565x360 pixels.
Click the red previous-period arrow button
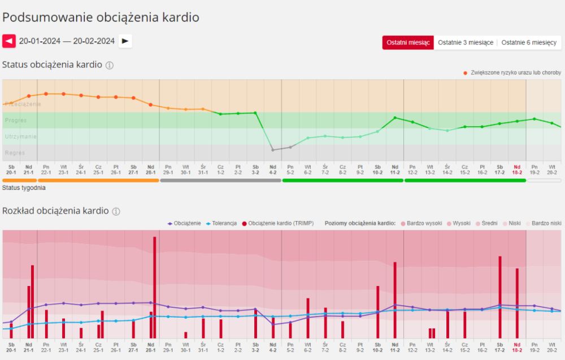[x=9, y=41]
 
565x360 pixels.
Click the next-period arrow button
[x=125, y=41]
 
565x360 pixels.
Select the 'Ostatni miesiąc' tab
[x=408, y=43]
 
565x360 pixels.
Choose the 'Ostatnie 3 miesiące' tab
[x=466, y=43]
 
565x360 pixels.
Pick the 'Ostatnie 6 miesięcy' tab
[x=529, y=43]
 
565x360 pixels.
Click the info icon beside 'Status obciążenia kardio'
[x=110, y=65]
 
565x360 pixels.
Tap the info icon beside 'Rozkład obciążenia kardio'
[x=116, y=211]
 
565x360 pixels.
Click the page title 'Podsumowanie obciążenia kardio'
[x=101, y=18]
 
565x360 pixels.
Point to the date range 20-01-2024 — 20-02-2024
[x=67, y=41]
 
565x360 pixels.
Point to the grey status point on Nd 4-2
[x=273, y=150]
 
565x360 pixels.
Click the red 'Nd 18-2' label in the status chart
[x=517, y=169]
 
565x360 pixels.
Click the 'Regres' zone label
[x=15, y=153]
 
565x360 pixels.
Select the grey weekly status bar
[x=220, y=180]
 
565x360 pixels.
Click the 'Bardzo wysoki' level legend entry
[x=422, y=223]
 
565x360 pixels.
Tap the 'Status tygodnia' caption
[x=24, y=188]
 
